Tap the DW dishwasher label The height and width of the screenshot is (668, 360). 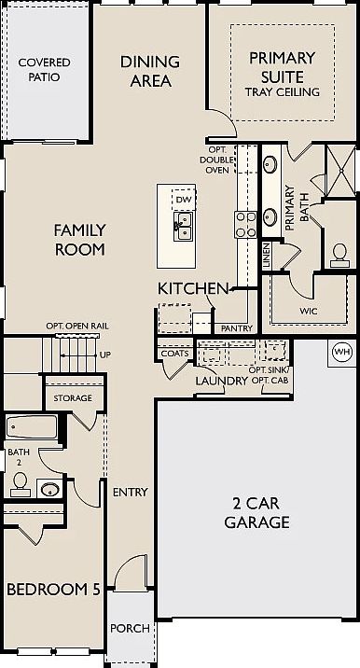pos(184,200)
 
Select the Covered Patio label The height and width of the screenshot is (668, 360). pos(44,69)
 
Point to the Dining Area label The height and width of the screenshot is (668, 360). pos(146,71)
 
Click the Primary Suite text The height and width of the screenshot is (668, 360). pos(283,67)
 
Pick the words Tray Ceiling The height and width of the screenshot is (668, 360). pos(283,92)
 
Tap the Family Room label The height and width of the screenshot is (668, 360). pos(79,239)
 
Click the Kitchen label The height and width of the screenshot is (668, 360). pos(193,288)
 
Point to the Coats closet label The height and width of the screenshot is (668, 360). pos(174,354)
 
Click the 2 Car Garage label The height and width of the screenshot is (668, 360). pos(256,513)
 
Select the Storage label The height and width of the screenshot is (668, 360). pos(72,398)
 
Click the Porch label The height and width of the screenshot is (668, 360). pos(130,628)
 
